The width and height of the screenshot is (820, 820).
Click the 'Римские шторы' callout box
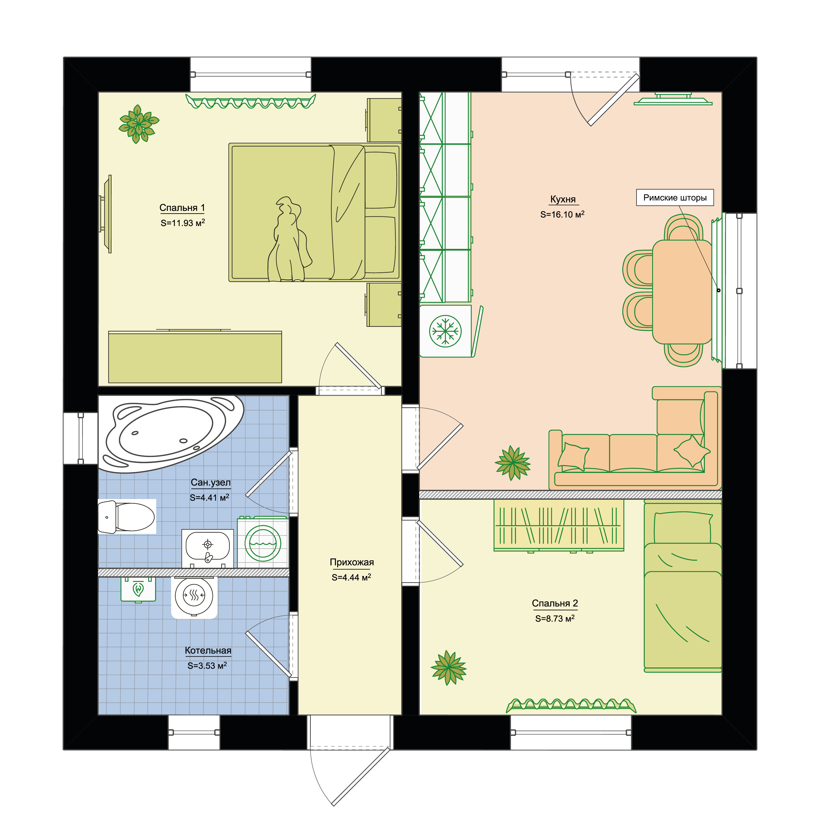tap(675, 198)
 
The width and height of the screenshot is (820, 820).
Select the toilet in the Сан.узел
tap(127, 517)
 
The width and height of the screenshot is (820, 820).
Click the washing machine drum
tap(263, 543)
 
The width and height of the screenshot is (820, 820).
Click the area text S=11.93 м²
tap(183, 223)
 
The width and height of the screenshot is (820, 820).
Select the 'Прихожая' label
tap(352, 562)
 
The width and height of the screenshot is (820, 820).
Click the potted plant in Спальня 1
tap(139, 124)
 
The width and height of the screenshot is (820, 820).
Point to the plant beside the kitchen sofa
tap(513, 463)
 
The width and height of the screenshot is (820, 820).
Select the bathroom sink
tap(207, 547)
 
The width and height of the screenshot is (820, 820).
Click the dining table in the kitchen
tap(682, 292)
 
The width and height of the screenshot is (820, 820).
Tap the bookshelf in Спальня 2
tap(558, 525)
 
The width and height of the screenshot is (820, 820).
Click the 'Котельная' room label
tap(208, 651)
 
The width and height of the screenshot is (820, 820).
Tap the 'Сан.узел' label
tap(210, 483)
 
